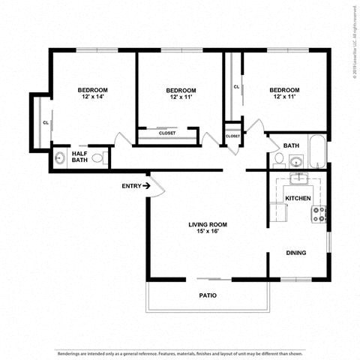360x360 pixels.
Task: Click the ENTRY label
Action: tap(130, 185)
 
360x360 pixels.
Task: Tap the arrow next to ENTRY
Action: tap(147, 185)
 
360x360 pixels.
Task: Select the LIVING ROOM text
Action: tap(207, 224)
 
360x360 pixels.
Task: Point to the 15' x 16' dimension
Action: tap(207, 232)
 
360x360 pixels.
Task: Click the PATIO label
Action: tap(208, 295)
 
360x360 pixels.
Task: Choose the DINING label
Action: tap(295, 253)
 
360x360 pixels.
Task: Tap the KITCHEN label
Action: tap(297, 198)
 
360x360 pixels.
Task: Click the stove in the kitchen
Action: tap(319, 214)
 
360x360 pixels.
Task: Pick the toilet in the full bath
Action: tap(278, 159)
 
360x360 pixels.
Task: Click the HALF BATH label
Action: tap(79, 157)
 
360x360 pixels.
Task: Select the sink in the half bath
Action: tap(59, 158)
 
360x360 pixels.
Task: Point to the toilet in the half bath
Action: tap(105, 158)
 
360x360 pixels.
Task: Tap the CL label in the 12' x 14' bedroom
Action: tap(46, 122)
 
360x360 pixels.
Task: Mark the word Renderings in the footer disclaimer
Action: tap(72, 351)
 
